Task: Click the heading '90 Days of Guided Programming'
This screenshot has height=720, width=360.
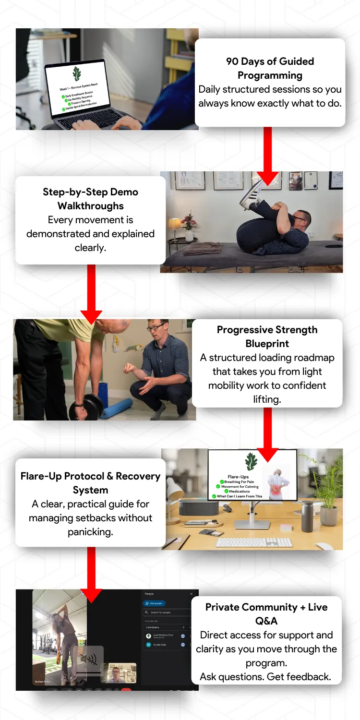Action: coord(270,68)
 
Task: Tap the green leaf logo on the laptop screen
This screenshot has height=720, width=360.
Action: coord(76,74)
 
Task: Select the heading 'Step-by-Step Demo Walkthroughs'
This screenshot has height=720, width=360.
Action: coord(90,199)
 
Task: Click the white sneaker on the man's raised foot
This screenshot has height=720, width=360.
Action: coord(251,194)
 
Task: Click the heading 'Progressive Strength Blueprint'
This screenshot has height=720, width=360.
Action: coord(267,336)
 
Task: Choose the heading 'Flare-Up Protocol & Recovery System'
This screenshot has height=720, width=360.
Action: coord(90,483)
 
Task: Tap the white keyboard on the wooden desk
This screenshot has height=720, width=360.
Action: coord(254,542)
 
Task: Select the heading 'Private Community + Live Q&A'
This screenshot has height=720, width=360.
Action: coord(266,614)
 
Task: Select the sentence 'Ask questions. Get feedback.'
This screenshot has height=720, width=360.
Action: coord(266,677)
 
